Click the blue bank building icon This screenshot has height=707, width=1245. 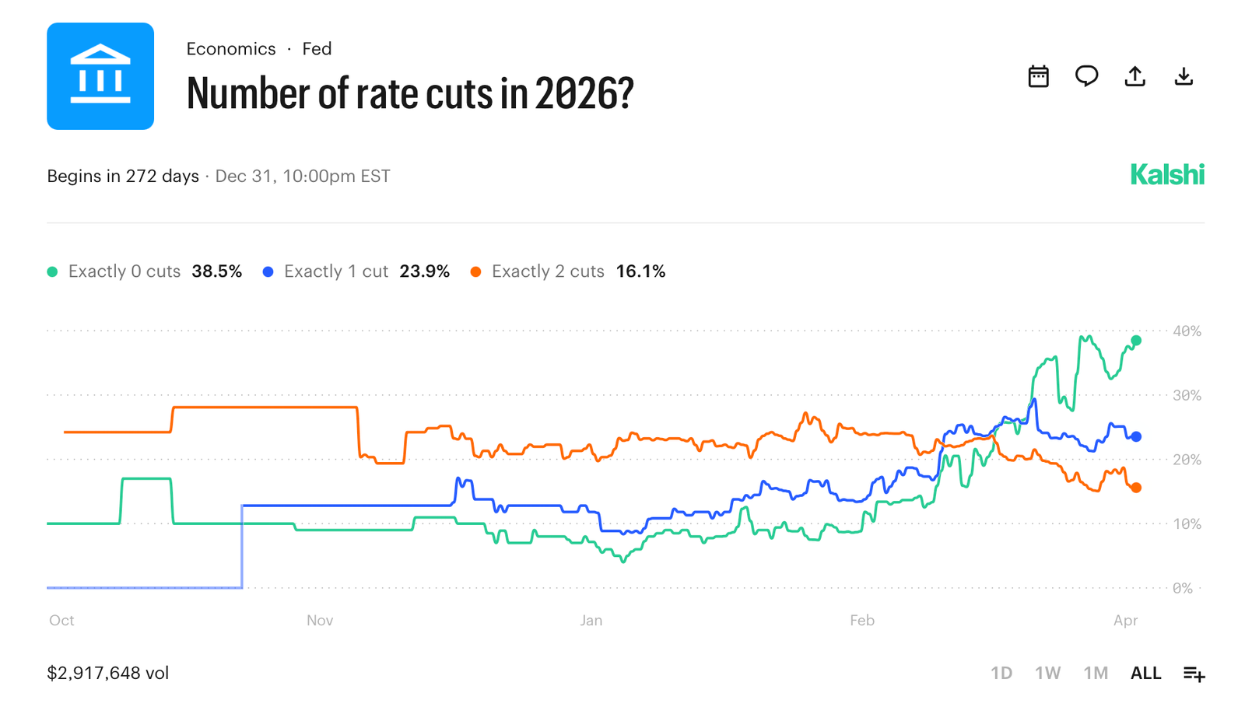coord(100,76)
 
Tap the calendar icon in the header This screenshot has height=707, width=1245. coord(1038,76)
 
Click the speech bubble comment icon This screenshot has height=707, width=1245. coord(1086,76)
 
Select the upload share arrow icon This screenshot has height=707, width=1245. coord(1135,76)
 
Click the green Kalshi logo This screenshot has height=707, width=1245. coord(1166,175)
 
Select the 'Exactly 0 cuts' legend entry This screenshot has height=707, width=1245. coord(124,271)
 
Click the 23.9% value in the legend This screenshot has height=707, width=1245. coord(424,271)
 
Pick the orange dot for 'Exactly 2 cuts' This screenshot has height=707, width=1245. coord(475,271)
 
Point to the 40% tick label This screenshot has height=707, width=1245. coord(1187,331)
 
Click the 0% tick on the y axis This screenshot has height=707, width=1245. coord(1183,588)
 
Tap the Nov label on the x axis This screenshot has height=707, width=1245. coord(320,621)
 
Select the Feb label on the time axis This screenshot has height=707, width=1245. coord(862,621)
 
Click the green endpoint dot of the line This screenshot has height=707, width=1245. coord(1136,341)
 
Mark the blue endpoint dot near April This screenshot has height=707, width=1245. coord(1136,437)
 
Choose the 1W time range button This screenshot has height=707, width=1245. coord(1047,673)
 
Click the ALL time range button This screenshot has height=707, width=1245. coord(1145,673)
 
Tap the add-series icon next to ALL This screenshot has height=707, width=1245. coord(1194,674)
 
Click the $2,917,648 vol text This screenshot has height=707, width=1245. coord(108,673)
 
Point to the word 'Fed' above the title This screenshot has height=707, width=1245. coord(317,49)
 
